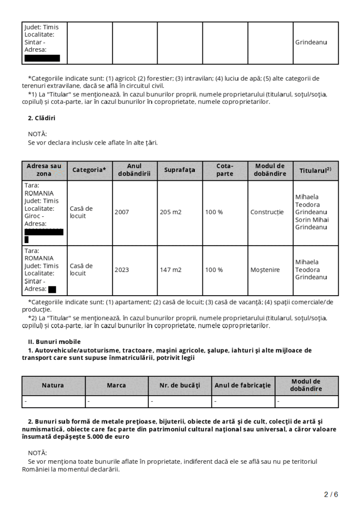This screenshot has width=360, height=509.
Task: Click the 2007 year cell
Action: (122, 212)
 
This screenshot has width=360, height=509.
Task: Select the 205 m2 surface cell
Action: (171, 212)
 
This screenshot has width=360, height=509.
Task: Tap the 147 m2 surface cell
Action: (171, 270)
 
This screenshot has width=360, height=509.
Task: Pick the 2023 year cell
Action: (122, 270)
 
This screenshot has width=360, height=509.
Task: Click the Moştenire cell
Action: (265, 270)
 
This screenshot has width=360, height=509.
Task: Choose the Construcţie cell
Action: (267, 212)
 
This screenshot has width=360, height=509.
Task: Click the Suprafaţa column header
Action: (180, 170)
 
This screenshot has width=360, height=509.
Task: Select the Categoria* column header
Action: (90, 170)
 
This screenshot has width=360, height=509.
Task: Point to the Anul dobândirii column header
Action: (134, 170)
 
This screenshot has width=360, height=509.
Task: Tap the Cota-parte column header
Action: (225, 170)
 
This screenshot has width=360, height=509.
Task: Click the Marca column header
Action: (116, 385)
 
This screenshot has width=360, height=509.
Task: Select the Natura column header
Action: (53, 385)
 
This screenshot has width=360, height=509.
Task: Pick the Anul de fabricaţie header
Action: (243, 385)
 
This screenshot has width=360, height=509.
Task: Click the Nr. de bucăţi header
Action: (180, 385)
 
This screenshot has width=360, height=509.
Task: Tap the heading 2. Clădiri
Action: (41, 118)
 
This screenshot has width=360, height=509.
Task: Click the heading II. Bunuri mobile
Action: (54, 342)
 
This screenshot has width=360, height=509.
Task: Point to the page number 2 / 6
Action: (331, 495)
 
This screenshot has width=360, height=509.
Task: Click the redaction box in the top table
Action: (42, 58)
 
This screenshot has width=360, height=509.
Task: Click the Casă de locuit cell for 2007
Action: (81, 212)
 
